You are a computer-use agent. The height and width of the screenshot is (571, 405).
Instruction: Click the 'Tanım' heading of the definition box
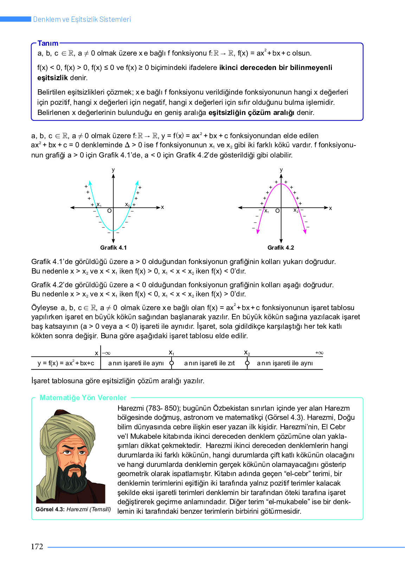(x=48, y=43)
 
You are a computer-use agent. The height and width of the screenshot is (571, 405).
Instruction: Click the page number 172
(x=37, y=546)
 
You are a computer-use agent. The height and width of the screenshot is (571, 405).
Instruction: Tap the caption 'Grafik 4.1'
(x=113, y=248)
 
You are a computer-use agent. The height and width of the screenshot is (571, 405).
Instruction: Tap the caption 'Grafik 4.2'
(x=281, y=248)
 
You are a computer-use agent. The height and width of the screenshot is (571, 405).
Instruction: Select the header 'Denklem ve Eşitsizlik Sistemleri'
(x=82, y=19)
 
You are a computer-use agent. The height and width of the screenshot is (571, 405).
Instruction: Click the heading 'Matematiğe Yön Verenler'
(x=83, y=398)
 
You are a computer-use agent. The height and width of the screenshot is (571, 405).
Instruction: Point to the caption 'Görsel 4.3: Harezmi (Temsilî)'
(x=73, y=509)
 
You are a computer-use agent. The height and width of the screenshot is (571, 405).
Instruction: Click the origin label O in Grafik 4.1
(x=109, y=211)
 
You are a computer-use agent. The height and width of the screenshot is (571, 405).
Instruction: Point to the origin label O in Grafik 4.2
(x=277, y=211)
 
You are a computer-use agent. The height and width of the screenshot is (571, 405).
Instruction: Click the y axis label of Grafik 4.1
(x=113, y=170)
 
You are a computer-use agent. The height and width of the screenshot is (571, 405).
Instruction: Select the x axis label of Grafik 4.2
(x=330, y=208)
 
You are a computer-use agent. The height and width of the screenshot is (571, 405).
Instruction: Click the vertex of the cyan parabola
(x=113, y=231)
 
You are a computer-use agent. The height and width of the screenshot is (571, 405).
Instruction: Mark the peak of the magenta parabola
(x=281, y=184)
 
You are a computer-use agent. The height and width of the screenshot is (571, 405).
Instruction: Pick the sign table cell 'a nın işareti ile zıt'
(x=209, y=363)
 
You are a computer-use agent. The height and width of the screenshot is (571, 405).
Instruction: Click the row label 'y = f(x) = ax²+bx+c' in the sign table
(x=66, y=363)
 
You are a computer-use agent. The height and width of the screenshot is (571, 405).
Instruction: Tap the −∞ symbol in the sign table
(x=106, y=353)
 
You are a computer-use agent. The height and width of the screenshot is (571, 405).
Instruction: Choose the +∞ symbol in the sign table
(x=319, y=353)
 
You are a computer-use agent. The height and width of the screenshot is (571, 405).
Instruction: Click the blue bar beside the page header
(x=15, y=19)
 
